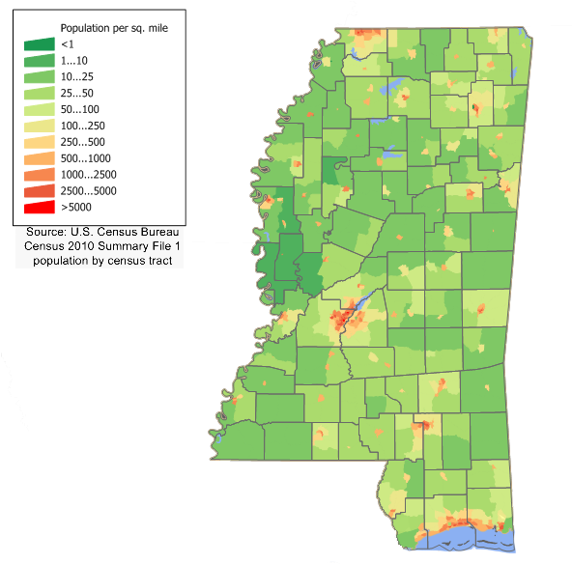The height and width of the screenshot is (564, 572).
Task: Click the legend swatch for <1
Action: coord(40,44)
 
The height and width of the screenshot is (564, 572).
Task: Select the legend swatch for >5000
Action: coord(40,207)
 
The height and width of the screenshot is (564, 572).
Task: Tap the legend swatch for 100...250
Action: coord(40,126)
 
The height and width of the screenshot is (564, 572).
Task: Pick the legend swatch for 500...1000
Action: coord(40,158)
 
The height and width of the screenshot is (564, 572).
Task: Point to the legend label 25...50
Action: coord(78,93)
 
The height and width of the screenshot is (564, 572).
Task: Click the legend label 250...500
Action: coord(82,142)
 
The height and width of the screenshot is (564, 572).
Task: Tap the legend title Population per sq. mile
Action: coord(114,29)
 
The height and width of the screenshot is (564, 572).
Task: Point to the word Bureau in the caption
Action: coord(160,233)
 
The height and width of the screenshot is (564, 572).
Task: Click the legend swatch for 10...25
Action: coord(40,77)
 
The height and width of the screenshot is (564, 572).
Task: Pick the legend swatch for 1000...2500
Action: coord(40,175)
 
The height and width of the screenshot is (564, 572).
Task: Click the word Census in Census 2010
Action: coord(46,247)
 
